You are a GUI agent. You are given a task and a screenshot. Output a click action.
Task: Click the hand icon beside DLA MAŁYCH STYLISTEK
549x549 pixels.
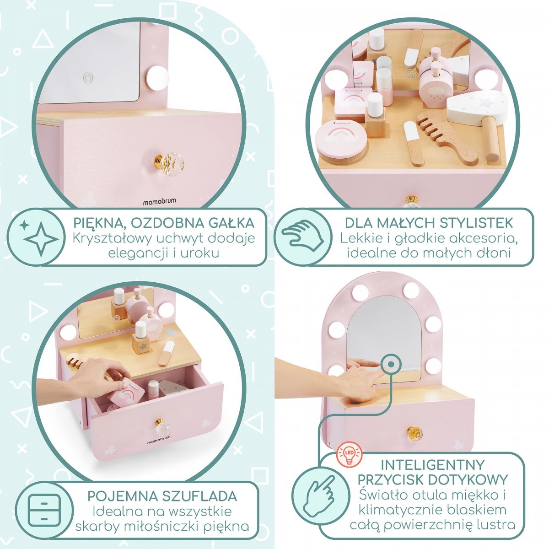pyautogui.click(x=302, y=237)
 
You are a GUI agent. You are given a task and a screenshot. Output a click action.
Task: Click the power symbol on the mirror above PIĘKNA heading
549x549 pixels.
pyautogui.click(x=88, y=77)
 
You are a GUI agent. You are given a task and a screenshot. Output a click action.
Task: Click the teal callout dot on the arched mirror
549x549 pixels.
pyautogui.click(x=391, y=364)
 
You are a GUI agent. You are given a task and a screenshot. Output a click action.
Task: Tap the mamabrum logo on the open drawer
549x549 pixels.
pyautogui.click(x=159, y=434)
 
